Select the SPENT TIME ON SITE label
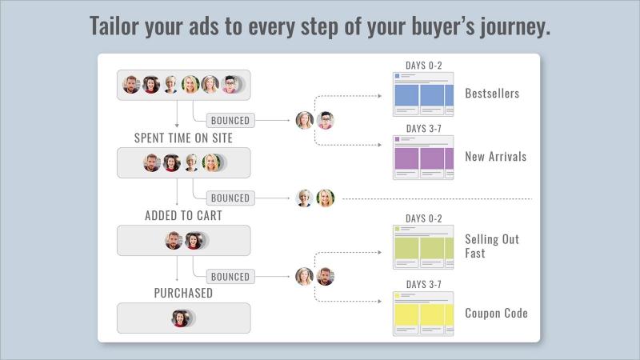click(183, 138)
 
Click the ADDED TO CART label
click(183, 215)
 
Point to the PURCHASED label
click(183, 293)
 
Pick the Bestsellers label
click(492, 94)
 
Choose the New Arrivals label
click(495, 156)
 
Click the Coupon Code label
click(496, 313)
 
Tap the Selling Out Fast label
click(492, 246)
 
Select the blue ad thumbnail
click(423, 94)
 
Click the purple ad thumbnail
click(423, 158)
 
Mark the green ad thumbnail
click(423, 247)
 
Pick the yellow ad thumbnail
click(423, 314)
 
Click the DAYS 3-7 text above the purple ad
click(424, 129)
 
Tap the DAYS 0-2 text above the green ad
click(424, 218)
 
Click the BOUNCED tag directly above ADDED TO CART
click(230, 198)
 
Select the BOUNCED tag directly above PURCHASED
click(230, 276)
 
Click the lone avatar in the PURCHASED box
click(181, 318)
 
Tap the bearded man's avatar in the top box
click(131, 85)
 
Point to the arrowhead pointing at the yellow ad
click(380, 302)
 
